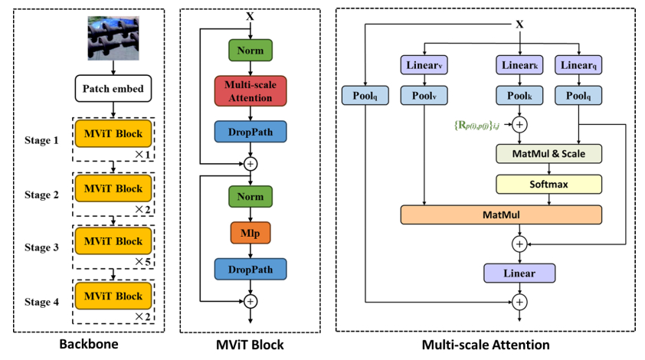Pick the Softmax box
tap(549, 184)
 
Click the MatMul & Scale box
tap(549, 154)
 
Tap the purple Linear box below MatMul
tap(519, 272)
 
